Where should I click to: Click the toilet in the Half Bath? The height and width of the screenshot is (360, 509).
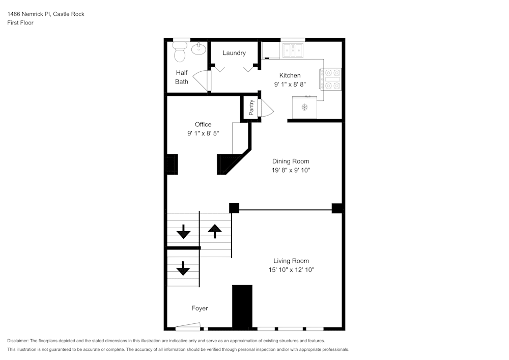coord(180,52)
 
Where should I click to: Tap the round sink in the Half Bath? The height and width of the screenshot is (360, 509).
coord(199,49)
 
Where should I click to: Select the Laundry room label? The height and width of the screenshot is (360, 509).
coord(234,53)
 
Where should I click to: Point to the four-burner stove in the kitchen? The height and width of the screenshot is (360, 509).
coord(330,79)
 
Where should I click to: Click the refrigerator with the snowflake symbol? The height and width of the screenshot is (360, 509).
coord(304,107)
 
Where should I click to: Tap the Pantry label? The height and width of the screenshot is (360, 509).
coord(251,107)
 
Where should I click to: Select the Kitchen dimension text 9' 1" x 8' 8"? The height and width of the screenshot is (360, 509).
coord(290,85)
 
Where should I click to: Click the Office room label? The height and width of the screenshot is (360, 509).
coord(203,124)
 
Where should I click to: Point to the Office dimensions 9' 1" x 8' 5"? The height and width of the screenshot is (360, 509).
coord(203,133)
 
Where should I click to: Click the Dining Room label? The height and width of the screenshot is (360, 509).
coord(291,161)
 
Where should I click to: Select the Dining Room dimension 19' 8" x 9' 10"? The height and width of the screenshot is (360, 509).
coord(291,171)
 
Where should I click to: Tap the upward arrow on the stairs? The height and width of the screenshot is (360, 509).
coord(215,231)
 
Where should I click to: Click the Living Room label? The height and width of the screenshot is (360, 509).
coord(291,261)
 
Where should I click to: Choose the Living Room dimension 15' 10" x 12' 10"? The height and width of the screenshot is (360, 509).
coord(291,270)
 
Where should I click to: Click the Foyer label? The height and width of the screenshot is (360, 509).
coord(200,308)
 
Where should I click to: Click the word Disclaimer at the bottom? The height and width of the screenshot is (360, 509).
coord(18,341)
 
